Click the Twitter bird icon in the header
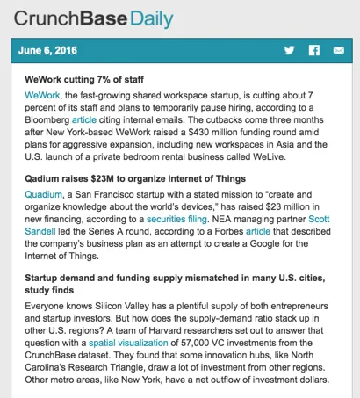289,50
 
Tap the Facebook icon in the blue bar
313,50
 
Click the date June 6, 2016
49,50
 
